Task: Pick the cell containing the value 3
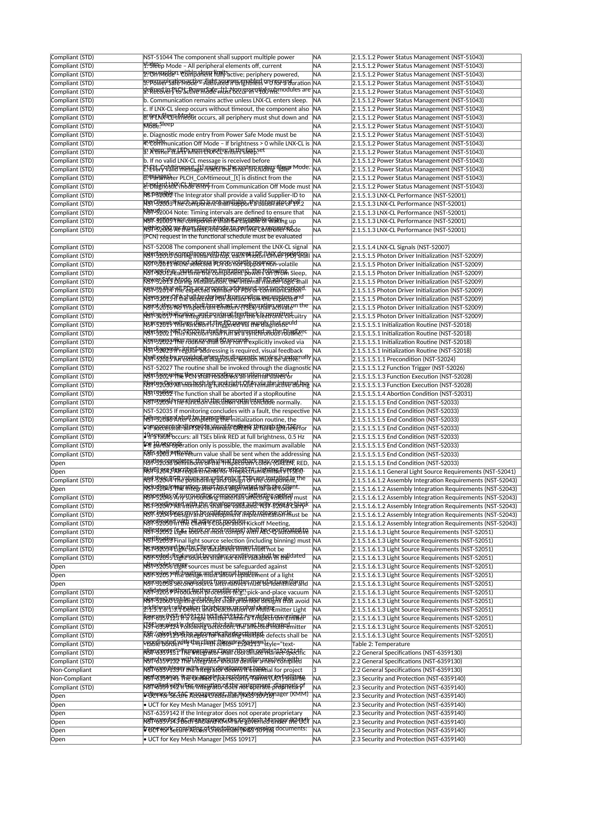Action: click(x=315, y=670)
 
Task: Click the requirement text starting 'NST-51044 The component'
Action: click(x=219, y=57)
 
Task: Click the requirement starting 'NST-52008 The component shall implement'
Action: click(x=225, y=247)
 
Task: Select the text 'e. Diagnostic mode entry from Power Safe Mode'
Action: click(x=220, y=135)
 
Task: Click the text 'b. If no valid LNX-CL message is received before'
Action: click(x=206, y=161)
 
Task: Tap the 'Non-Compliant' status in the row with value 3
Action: click(x=71, y=670)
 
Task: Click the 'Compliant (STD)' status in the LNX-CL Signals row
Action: click(x=72, y=247)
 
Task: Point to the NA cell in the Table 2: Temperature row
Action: click(x=317, y=644)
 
